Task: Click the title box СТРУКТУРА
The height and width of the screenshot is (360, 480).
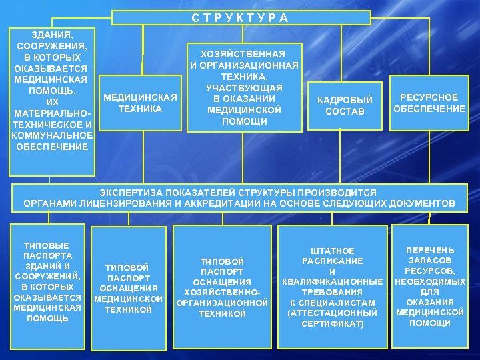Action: (x=239, y=17)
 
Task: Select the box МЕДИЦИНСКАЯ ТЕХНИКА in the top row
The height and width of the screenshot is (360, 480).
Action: (x=141, y=103)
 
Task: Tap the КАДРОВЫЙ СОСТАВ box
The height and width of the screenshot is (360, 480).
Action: (x=345, y=105)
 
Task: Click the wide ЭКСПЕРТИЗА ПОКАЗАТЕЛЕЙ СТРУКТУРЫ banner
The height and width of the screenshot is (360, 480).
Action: (x=239, y=197)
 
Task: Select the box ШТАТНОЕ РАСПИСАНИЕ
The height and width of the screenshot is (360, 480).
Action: (x=333, y=287)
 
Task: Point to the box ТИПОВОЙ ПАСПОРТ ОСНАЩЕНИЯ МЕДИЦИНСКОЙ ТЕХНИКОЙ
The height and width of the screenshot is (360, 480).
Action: (x=129, y=288)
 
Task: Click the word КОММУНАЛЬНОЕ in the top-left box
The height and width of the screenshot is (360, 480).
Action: (x=52, y=135)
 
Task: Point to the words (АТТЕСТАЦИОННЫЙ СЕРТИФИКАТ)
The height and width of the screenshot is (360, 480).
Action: (x=333, y=318)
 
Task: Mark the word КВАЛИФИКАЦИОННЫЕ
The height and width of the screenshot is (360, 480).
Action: (x=333, y=282)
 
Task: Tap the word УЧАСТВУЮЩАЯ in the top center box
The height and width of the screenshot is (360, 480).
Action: (x=244, y=88)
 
